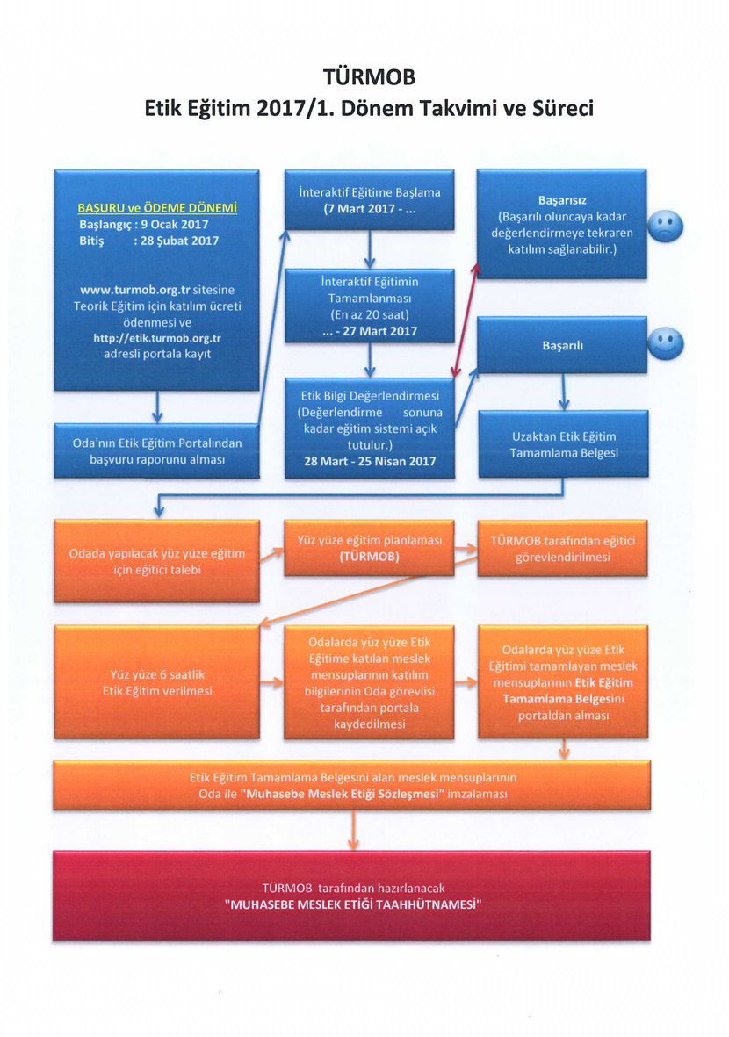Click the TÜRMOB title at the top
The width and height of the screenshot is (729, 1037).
(369, 77)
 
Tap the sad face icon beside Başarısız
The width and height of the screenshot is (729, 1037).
(665, 227)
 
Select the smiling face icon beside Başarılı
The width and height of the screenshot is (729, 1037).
(666, 344)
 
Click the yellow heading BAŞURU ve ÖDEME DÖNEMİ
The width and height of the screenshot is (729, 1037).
(157, 208)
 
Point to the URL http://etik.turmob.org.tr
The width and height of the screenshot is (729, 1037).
(157, 338)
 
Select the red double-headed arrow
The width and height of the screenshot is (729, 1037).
(466, 320)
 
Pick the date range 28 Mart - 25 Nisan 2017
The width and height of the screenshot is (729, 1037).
(370, 461)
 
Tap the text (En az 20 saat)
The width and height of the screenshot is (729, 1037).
(370, 315)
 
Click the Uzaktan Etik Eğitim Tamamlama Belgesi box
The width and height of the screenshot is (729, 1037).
(564, 443)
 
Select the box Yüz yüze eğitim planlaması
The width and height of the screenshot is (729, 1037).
(369, 548)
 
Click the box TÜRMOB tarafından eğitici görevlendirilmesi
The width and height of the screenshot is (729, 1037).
(562, 548)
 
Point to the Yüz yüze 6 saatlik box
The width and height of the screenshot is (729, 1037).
(157, 682)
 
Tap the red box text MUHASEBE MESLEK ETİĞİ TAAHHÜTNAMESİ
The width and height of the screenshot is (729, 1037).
(352, 904)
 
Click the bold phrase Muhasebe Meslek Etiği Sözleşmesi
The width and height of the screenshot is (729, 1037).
(342, 794)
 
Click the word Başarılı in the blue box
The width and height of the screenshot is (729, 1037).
(562, 346)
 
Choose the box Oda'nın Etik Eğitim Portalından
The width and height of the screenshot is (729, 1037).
(157, 451)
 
